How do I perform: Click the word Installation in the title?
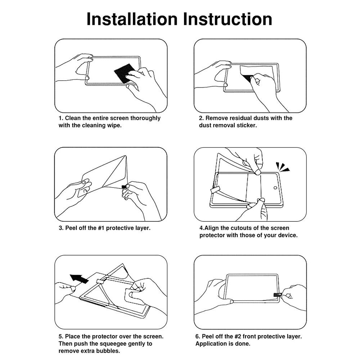(132, 19)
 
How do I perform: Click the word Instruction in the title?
(228, 19)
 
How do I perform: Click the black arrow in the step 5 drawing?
(79, 279)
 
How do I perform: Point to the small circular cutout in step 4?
(275, 188)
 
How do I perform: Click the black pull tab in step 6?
(277, 294)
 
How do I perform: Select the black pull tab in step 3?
(124, 186)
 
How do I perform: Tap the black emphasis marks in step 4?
(282, 167)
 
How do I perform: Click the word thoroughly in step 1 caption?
(145, 118)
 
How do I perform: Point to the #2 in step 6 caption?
(238, 336)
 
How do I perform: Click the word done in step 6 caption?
(243, 344)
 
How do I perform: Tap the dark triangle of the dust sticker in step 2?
(246, 78)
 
